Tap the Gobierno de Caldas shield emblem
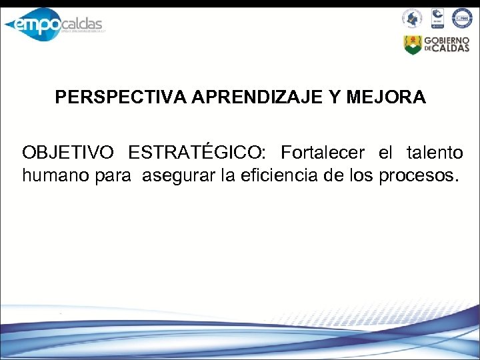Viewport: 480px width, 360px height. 413,45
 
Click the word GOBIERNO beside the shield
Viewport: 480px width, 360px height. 449,40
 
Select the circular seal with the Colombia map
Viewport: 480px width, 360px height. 412,18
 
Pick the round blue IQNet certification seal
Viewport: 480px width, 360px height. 461,18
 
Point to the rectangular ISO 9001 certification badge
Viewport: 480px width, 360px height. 437,18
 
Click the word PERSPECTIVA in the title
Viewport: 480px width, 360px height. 122,98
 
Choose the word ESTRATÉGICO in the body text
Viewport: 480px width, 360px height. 197,153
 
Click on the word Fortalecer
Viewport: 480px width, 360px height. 323,153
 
